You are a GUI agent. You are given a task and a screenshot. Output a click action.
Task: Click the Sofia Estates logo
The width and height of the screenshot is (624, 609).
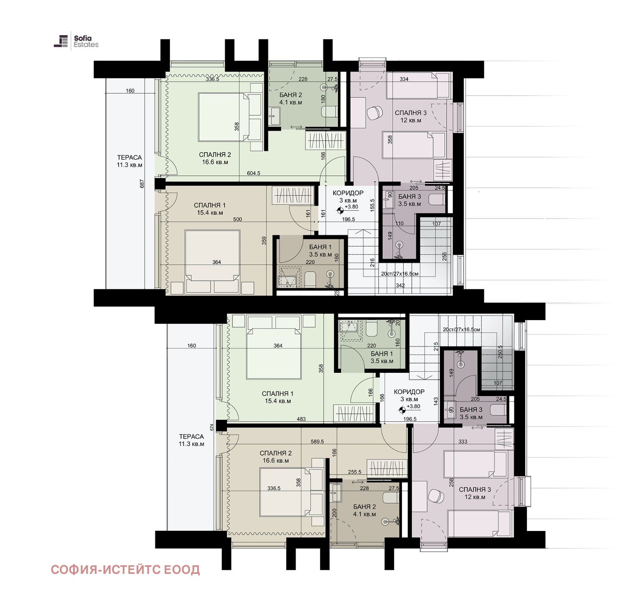point(76,41)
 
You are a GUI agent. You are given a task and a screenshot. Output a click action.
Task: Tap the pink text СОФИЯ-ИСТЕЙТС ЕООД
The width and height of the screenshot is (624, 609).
point(125,570)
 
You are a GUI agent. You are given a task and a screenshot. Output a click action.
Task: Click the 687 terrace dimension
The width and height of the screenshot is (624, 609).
point(142,183)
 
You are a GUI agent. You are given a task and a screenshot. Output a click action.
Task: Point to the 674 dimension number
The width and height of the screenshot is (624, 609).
point(212,427)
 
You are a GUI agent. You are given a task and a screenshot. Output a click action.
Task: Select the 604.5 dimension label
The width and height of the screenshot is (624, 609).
point(253,173)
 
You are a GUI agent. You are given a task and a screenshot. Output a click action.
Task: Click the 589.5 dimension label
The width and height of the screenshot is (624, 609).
point(317,442)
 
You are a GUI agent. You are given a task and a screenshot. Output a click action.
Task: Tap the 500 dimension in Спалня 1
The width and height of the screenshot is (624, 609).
point(238,219)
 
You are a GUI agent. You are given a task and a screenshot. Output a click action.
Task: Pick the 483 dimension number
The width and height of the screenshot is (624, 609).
point(301,419)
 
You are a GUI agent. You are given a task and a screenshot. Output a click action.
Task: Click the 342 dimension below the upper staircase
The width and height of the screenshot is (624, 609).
point(400,285)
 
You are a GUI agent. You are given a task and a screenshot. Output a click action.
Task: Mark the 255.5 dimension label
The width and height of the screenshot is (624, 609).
point(355,472)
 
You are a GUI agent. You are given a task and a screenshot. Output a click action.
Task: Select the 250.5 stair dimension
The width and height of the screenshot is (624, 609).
point(500,352)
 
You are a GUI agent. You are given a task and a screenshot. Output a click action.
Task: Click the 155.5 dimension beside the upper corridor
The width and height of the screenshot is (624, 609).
point(372,205)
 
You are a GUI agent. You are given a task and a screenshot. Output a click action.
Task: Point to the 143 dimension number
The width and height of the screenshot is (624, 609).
point(436,401)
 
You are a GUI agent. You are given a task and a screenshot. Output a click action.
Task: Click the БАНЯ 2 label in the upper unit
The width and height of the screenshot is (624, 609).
point(291,95)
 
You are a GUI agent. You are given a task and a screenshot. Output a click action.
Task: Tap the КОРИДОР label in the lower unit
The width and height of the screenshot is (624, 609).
point(409,392)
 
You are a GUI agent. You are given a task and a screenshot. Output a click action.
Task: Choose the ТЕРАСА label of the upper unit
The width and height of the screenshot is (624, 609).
point(129,157)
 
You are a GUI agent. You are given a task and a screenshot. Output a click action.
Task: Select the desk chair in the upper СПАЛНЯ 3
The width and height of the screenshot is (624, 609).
point(375,113)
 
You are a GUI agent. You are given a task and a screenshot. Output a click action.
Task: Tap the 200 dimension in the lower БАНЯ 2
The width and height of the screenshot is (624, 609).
point(334,513)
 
